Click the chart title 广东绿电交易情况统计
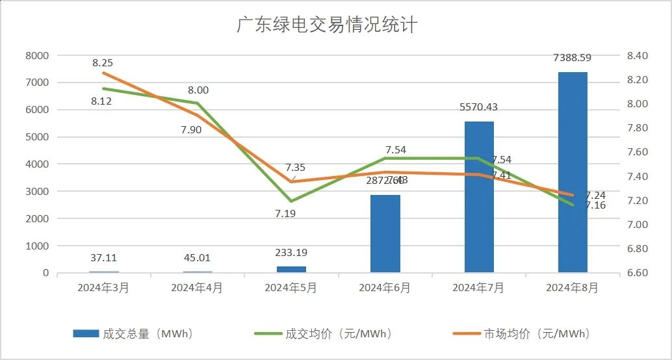click(326, 25)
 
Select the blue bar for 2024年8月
click(573, 172)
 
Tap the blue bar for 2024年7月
click(479, 197)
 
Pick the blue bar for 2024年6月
click(385, 233)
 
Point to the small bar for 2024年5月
click(291, 269)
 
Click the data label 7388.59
click(573, 58)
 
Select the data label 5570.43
click(479, 107)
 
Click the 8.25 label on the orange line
click(103, 63)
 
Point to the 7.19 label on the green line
click(285, 213)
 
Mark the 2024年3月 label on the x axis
click(103, 288)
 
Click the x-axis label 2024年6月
click(385, 288)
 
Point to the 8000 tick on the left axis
click(37, 56)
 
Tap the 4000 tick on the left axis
click(37, 164)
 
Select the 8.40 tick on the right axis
click(638, 56)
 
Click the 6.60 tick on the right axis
click(638, 273)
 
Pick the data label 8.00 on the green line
click(198, 90)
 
